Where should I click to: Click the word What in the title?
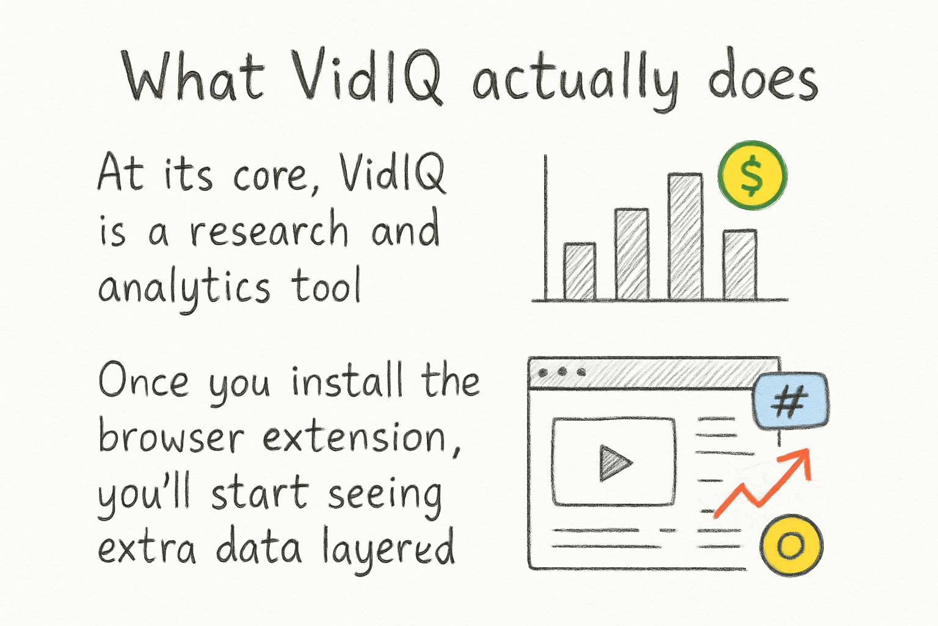(x=193, y=76)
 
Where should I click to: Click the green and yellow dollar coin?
(x=752, y=175)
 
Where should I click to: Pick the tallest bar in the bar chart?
(x=685, y=237)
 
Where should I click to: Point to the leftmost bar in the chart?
(x=579, y=271)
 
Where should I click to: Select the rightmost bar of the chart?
(x=740, y=265)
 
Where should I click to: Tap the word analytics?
(x=184, y=287)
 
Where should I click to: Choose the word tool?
(x=326, y=285)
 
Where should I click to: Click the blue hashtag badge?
(x=790, y=402)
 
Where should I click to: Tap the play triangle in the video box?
(x=614, y=463)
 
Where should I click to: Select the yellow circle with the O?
(x=791, y=545)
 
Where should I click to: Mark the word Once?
(x=144, y=381)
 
